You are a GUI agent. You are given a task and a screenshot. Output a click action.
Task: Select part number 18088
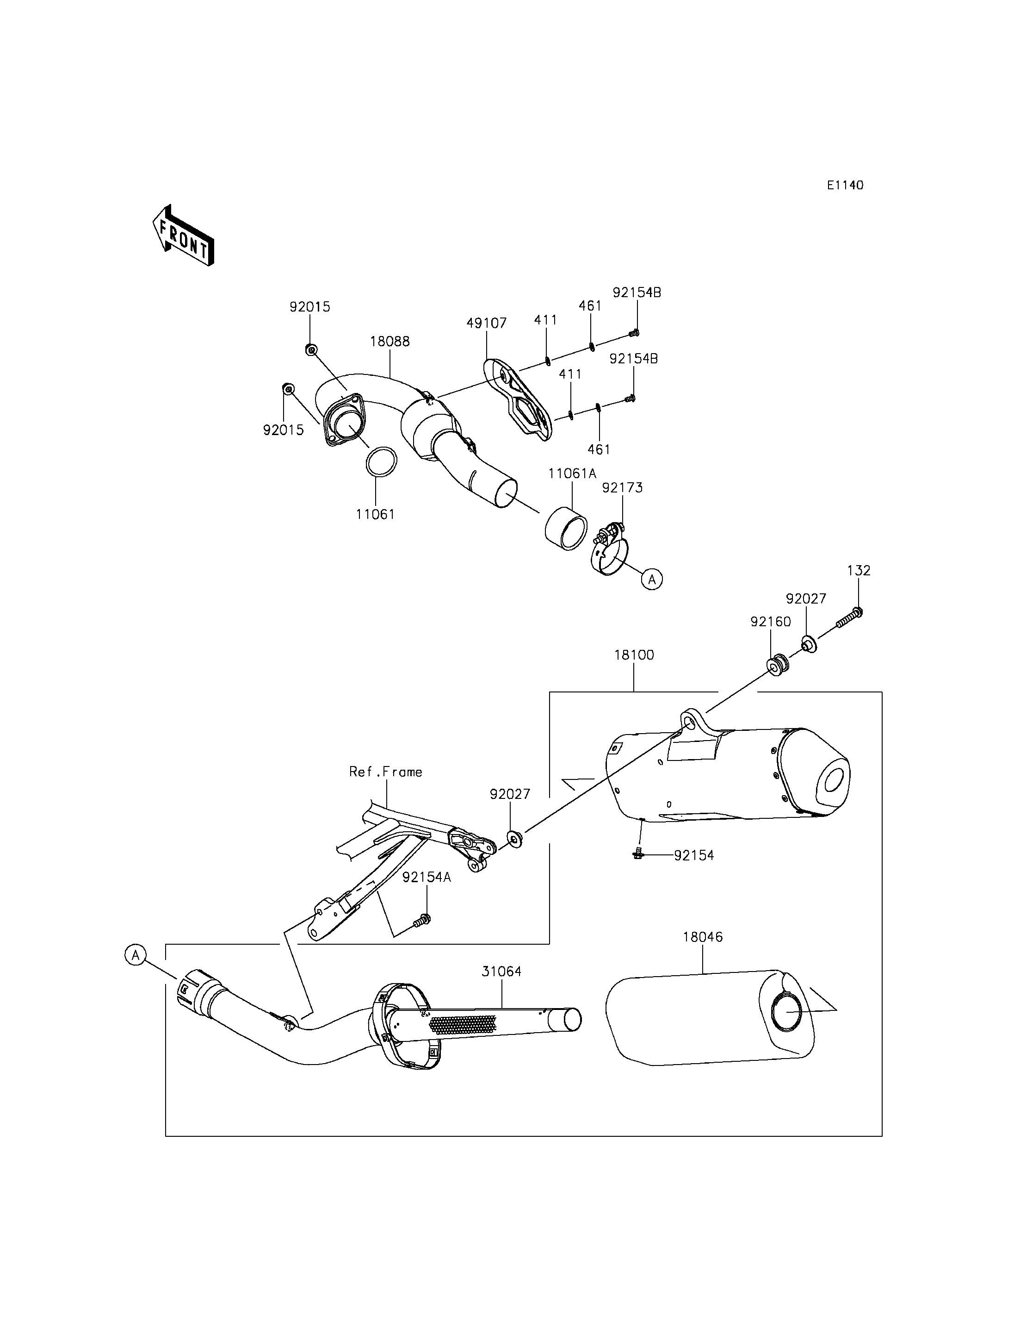tap(390, 341)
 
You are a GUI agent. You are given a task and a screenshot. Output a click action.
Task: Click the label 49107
tap(487, 323)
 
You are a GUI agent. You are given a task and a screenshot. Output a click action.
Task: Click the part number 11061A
tap(572, 473)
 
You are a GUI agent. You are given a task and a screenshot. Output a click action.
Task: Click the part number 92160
tap(771, 622)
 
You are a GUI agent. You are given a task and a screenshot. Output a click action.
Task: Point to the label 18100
tap(634, 655)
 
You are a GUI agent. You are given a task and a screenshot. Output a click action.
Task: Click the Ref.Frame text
tap(386, 772)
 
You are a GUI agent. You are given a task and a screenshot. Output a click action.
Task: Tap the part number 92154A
tap(427, 878)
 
